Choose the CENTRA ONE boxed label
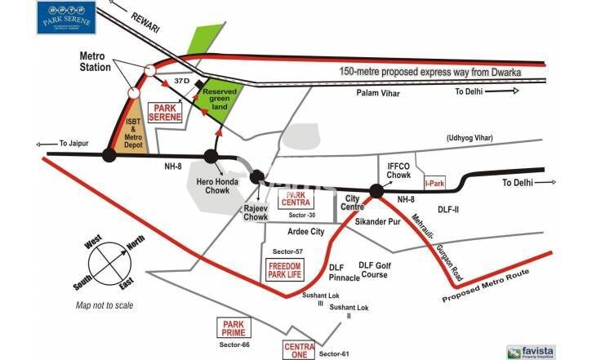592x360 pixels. coord(299,349)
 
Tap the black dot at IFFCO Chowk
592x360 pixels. coord(376,191)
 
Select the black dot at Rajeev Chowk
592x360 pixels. coord(258,176)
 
